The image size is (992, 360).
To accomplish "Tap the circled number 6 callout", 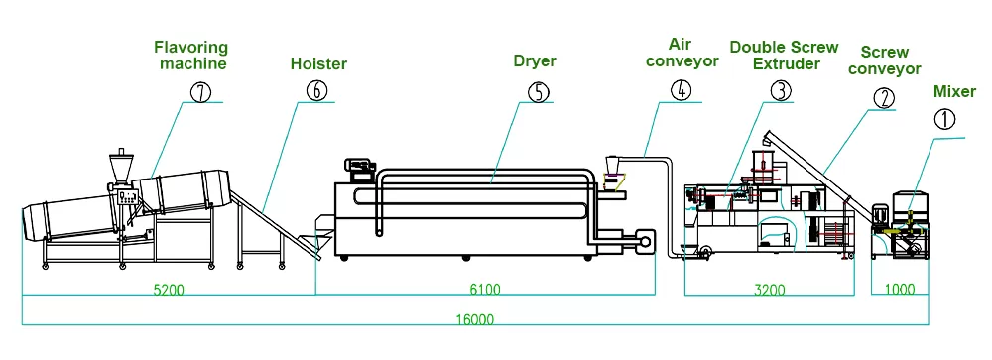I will [x=314, y=90].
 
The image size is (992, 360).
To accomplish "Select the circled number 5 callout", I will [x=537, y=91].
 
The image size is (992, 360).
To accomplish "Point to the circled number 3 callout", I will [x=781, y=90].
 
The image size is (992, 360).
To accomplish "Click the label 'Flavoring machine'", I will [x=190, y=55].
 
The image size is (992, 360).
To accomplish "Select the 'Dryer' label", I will [x=534, y=61].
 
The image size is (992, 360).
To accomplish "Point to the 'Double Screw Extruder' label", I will [x=784, y=56].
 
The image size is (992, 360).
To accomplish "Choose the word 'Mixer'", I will [x=955, y=92].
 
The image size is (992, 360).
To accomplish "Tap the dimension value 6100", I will [x=484, y=291].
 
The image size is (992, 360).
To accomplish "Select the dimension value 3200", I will [x=769, y=291].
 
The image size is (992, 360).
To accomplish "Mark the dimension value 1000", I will [x=900, y=291].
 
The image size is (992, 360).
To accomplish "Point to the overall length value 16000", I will [x=476, y=320].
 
